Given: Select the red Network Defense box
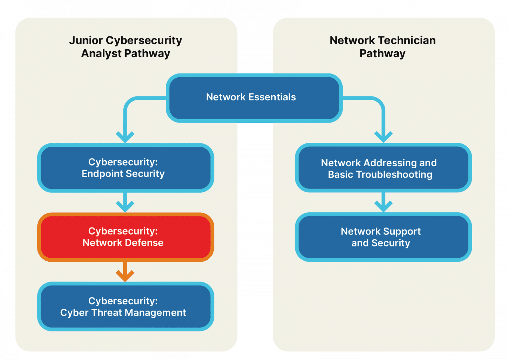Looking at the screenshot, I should (125, 237).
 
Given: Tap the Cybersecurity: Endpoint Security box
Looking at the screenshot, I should (125, 168).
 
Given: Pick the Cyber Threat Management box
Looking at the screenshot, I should (125, 307).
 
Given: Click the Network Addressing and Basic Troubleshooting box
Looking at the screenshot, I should (383, 168).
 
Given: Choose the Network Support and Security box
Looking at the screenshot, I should (383, 237).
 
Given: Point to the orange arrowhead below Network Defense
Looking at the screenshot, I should (125, 275).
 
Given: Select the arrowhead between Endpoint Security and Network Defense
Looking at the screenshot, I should (125, 206).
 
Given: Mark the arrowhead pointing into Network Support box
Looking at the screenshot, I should (383, 206).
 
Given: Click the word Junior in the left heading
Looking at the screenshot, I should (86, 40).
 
